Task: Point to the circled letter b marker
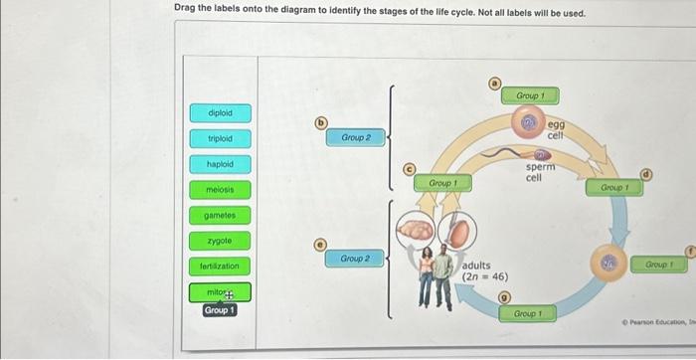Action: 320,123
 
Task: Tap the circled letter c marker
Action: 408,170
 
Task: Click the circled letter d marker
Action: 646,174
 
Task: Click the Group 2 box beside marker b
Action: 356,138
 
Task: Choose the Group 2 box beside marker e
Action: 356,259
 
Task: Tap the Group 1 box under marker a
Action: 528,95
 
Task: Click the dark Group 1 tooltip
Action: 220,310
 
